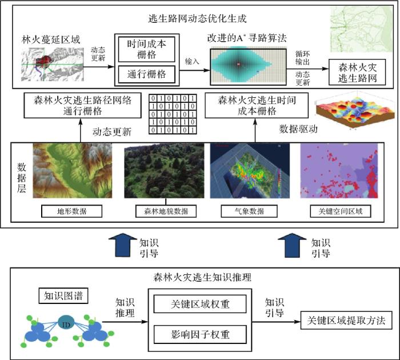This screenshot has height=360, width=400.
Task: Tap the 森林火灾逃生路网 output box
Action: point(361,72)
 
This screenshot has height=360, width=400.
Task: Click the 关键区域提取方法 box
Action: point(345,320)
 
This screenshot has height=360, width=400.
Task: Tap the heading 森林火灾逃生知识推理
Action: point(200,278)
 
